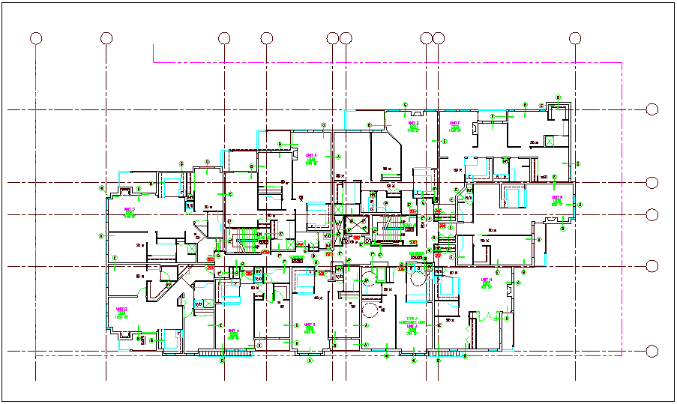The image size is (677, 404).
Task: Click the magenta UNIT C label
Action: [129, 210]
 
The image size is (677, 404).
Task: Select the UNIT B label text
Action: [121, 309]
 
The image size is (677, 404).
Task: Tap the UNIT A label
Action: [233, 331]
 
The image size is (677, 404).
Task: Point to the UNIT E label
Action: [413, 123]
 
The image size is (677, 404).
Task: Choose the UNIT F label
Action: [454, 123]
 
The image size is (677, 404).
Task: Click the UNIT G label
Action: [556, 198]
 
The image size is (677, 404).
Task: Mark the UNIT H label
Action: [486, 280]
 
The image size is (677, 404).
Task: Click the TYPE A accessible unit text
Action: [411, 321]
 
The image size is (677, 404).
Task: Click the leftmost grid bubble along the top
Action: [35, 38]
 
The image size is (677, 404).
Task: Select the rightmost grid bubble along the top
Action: [575, 38]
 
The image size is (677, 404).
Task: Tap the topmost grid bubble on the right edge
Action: [652, 110]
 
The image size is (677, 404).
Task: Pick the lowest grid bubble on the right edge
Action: [652, 351]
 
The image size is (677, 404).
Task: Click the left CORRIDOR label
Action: [297, 259]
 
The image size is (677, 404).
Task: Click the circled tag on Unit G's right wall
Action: [580, 204]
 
